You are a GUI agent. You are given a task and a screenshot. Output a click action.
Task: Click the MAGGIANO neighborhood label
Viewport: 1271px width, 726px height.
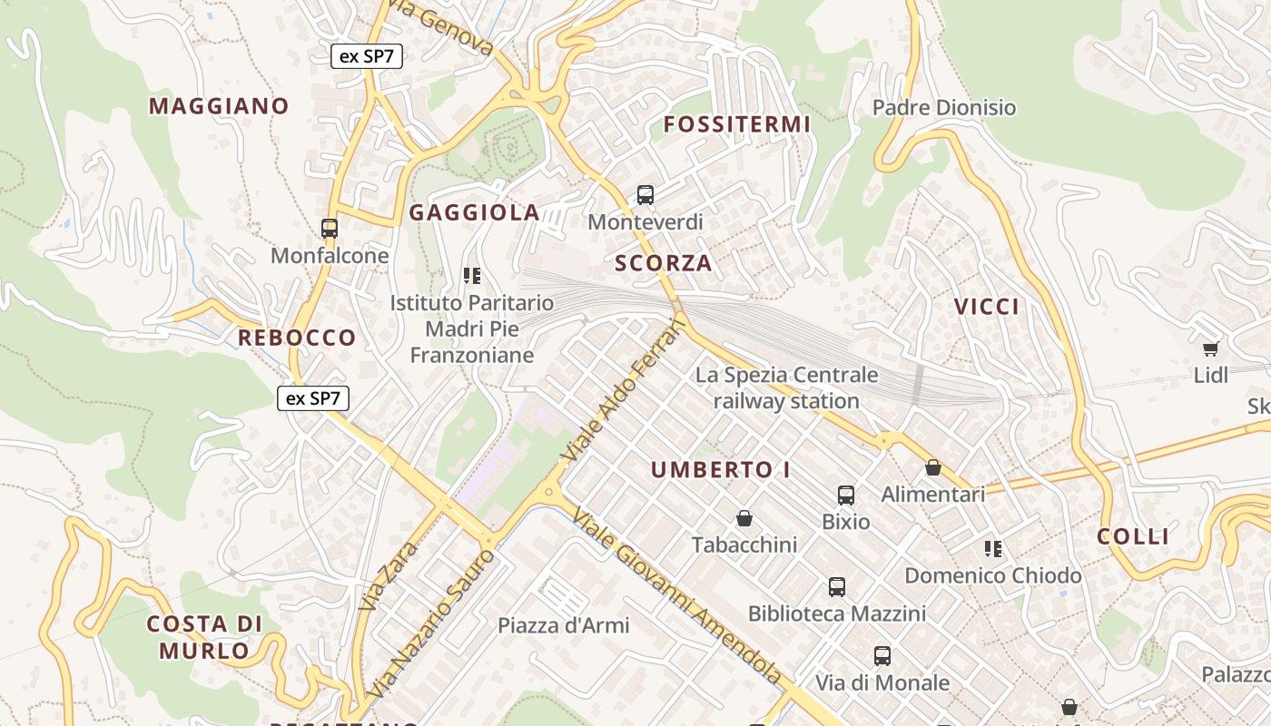click(219, 106)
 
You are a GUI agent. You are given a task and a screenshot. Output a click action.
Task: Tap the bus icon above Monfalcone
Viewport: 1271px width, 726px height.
click(330, 229)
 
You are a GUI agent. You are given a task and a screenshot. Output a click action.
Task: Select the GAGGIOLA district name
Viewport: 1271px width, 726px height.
click(474, 213)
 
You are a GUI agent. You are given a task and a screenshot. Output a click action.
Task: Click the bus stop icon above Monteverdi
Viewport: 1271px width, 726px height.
click(645, 194)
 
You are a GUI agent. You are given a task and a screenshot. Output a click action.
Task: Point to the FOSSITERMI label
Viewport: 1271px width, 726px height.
click(736, 124)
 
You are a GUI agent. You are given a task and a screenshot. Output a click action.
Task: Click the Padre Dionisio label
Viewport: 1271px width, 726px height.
click(944, 108)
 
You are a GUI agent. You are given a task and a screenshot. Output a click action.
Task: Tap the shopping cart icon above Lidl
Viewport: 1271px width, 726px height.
click(1210, 348)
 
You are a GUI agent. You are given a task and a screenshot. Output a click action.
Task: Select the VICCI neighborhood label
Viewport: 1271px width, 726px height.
click(987, 307)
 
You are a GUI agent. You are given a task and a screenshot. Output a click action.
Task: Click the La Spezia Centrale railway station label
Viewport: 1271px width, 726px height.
click(786, 388)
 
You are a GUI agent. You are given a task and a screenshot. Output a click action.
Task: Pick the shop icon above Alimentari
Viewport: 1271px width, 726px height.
click(932, 467)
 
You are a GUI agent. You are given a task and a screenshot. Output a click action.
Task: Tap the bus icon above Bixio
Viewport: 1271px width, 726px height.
click(846, 495)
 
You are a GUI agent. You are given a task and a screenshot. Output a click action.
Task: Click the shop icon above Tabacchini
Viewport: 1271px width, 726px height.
click(744, 518)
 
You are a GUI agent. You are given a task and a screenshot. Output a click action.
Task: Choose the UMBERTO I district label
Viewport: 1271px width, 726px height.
click(720, 470)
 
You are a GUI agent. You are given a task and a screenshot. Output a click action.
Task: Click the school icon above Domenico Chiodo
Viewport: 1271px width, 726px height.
click(993, 548)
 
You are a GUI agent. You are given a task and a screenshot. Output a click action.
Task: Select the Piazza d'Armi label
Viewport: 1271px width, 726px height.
click(563, 625)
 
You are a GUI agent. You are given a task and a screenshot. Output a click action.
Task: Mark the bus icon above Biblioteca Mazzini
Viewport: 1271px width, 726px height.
click(837, 587)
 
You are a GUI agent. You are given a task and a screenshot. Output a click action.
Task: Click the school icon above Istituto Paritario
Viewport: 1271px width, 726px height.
click(471, 275)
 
